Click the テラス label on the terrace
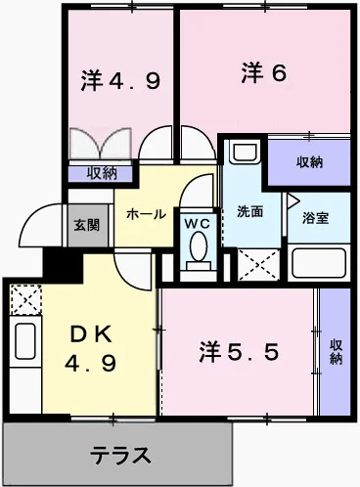pyautogui.click(x=121, y=455)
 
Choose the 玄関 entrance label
pyautogui.click(x=86, y=224)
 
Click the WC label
pyautogui.click(x=199, y=223)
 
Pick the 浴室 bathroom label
pyautogui.click(x=314, y=218)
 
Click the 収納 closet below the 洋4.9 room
pyautogui.click(x=103, y=173)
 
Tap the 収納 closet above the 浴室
pyautogui.click(x=309, y=161)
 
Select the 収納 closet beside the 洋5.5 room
pyautogui.click(x=336, y=349)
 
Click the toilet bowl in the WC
pyautogui.click(x=199, y=249)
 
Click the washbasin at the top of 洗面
pyautogui.click(x=243, y=154)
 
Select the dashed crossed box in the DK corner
pyautogui.click(x=23, y=297)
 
